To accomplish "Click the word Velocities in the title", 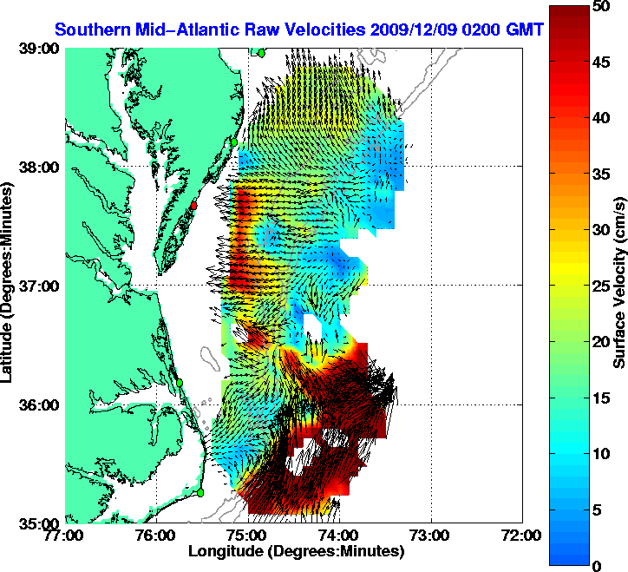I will (323, 30).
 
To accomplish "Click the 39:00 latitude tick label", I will (40, 49).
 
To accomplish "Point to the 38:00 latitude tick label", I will (40, 168).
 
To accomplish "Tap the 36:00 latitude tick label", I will (40, 405).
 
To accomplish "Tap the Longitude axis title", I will (296, 551).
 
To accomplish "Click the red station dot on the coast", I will (195, 206).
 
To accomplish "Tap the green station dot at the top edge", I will (260, 52).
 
